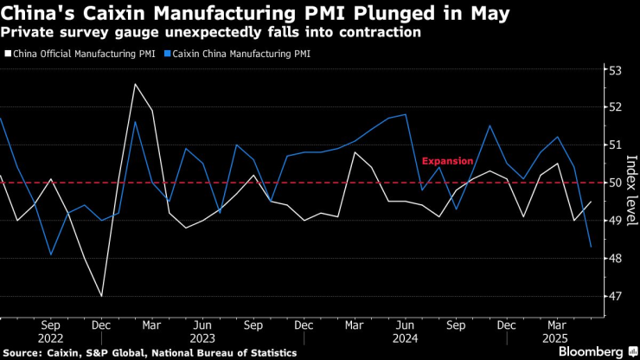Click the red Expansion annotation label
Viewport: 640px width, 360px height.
coord(447,161)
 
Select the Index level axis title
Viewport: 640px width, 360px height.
coord(630,183)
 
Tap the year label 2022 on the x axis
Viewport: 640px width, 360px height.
coord(50,338)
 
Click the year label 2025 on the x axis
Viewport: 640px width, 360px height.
coord(555,338)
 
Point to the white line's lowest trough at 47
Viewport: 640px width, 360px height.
coord(102,296)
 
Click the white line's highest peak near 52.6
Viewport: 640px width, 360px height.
coord(135,84)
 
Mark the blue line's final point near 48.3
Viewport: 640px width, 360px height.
coord(591,247)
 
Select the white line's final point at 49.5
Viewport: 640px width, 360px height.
coord(591,202)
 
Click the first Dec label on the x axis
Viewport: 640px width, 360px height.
coord(101,325)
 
